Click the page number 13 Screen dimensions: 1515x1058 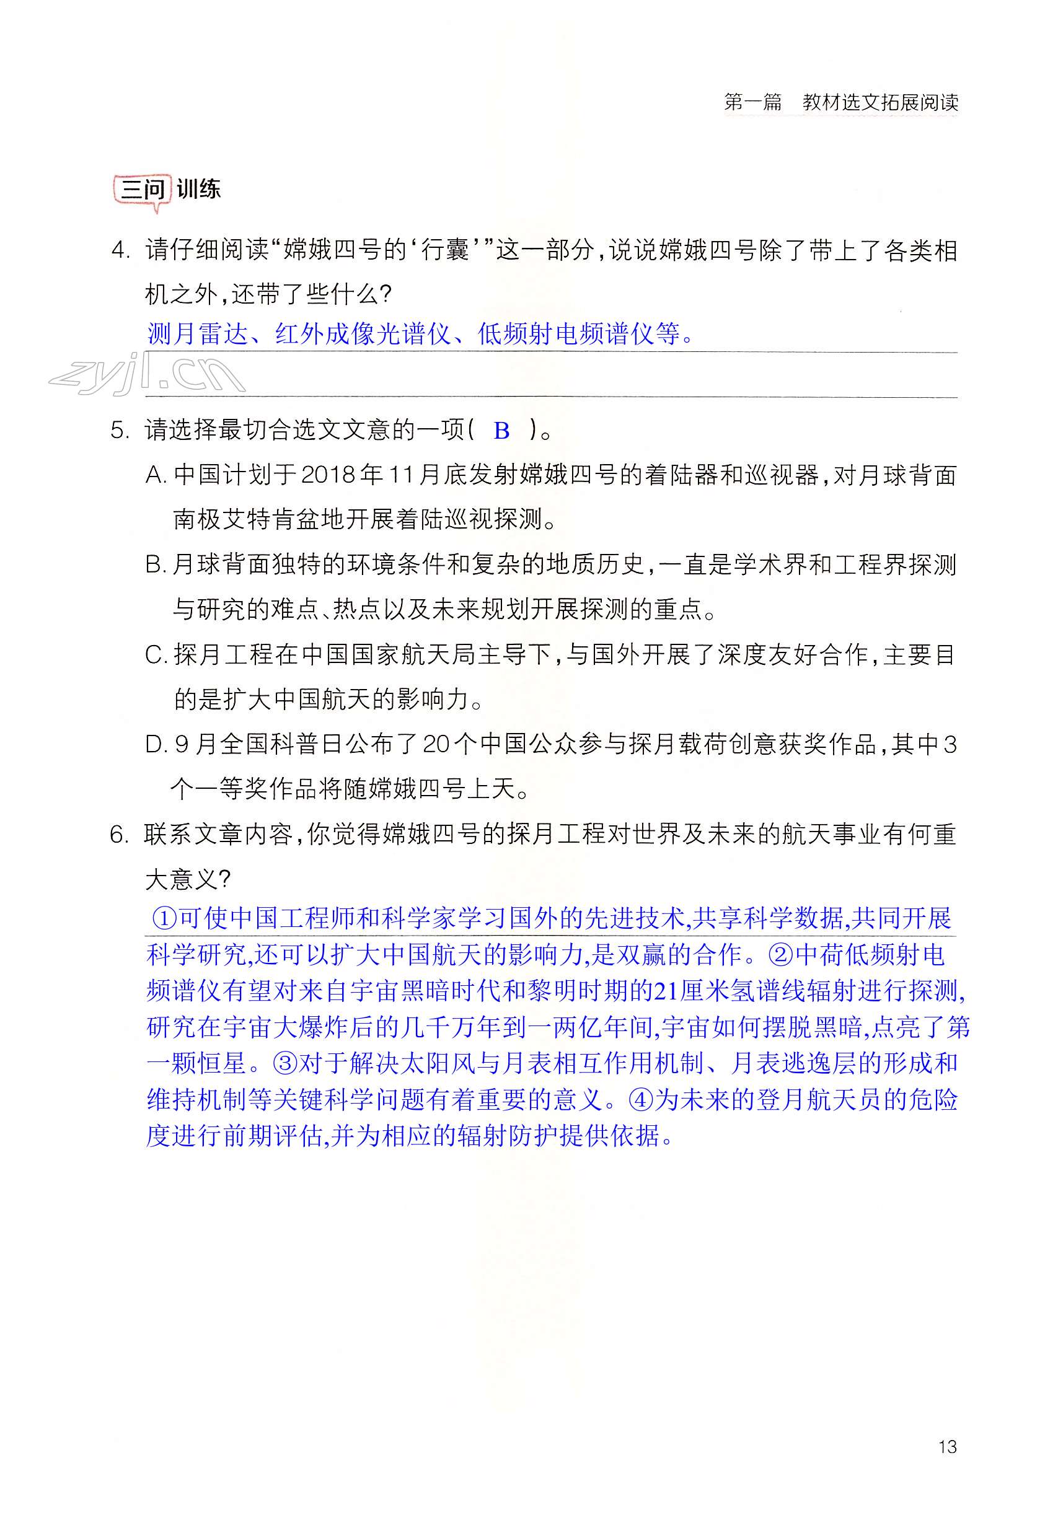click(x=946, y=1446)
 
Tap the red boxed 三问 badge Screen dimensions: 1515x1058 click(x=143, y=190)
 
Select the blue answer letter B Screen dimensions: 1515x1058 click(x=501, y=431)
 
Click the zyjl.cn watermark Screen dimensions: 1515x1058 click(x=146, y=374)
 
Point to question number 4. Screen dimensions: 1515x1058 click(x=120, y=251)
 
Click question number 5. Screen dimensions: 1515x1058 click(x=120, y=431)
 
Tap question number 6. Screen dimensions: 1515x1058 click(x=120, y=835)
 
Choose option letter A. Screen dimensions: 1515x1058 click(x=156, y=475)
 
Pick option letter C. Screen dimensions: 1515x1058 click(x=156, y=655)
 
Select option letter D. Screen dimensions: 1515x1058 click(x=156, y=745)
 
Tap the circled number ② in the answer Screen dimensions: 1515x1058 click(x=782, y=954)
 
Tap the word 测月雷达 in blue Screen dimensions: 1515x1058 click(x=197, y=334)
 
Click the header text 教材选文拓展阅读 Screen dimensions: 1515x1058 click(x=879, y=102)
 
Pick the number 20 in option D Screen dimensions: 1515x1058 click(x=436, y=745)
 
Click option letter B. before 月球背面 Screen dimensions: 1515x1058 click(x=156, y=565)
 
